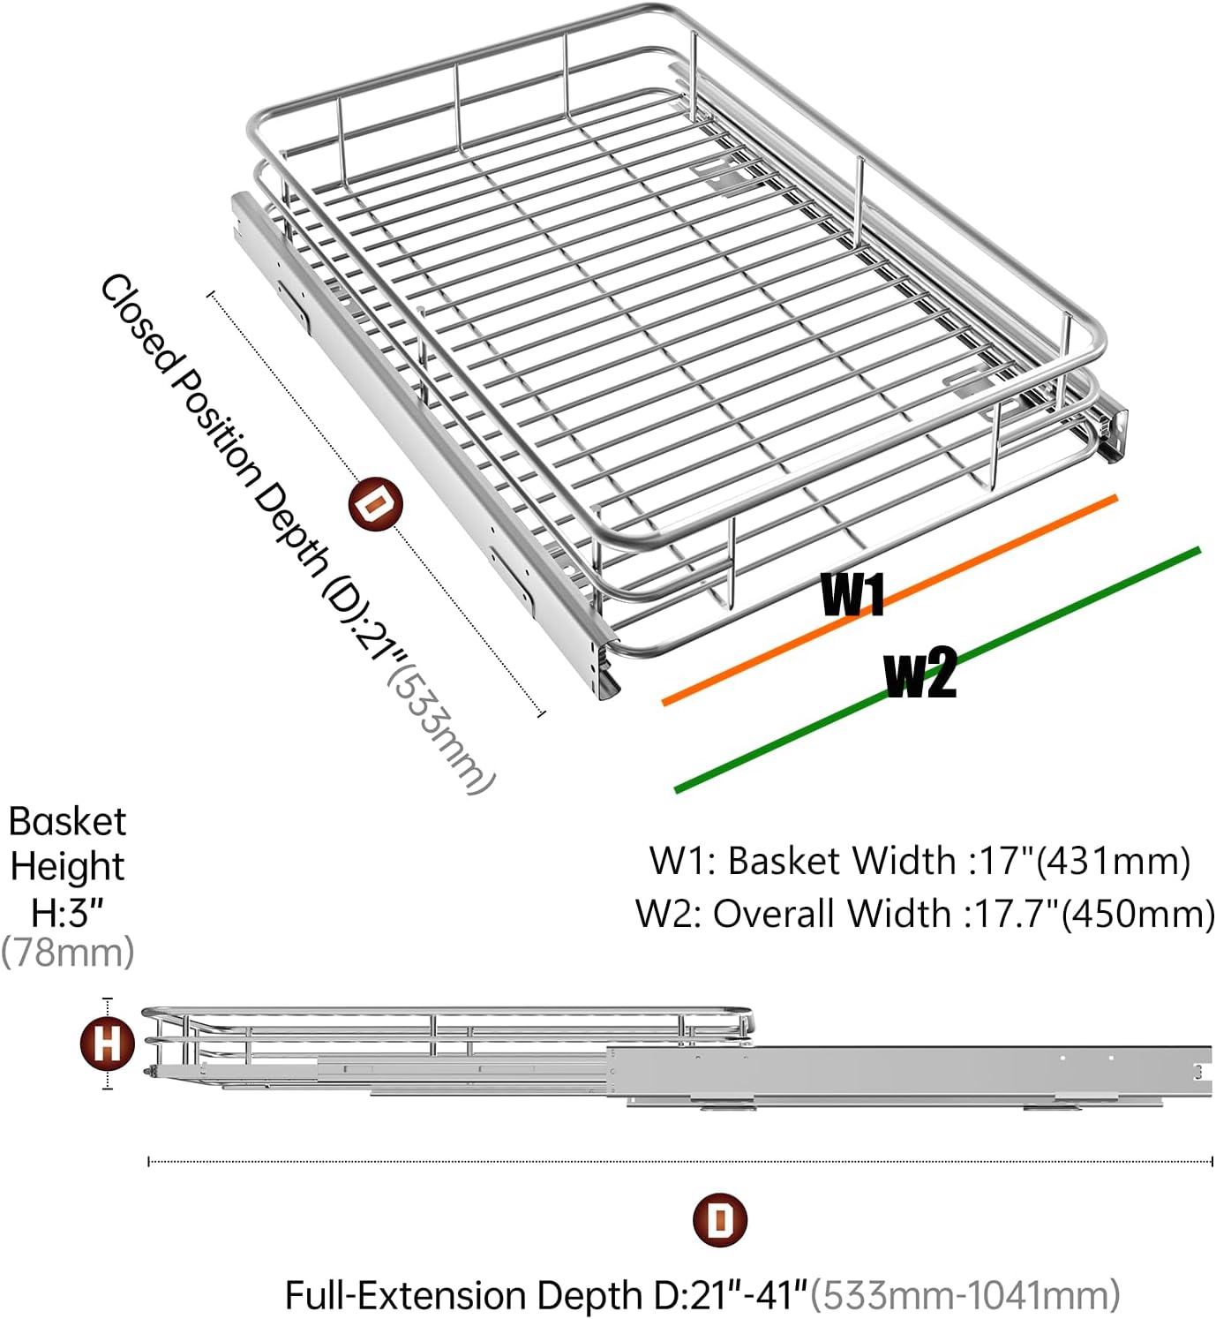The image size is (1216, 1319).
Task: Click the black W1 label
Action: coord(852,594)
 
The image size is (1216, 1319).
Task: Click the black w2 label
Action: coord(920,674)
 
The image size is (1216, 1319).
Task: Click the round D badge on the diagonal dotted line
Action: coord(375,505)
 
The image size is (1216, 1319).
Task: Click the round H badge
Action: coord(108,1044)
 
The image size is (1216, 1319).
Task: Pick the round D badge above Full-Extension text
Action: coord(721,1221)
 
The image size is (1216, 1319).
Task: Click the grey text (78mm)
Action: coord(68,953)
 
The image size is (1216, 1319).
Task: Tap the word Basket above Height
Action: coord(68,822)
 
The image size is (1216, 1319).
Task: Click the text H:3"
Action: coord(68,911)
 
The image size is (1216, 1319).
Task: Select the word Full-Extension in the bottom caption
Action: coord(409,1295)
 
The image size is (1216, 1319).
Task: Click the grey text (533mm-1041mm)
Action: coord(965,1295)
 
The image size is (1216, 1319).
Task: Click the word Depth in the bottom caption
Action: coord(589,1295)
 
